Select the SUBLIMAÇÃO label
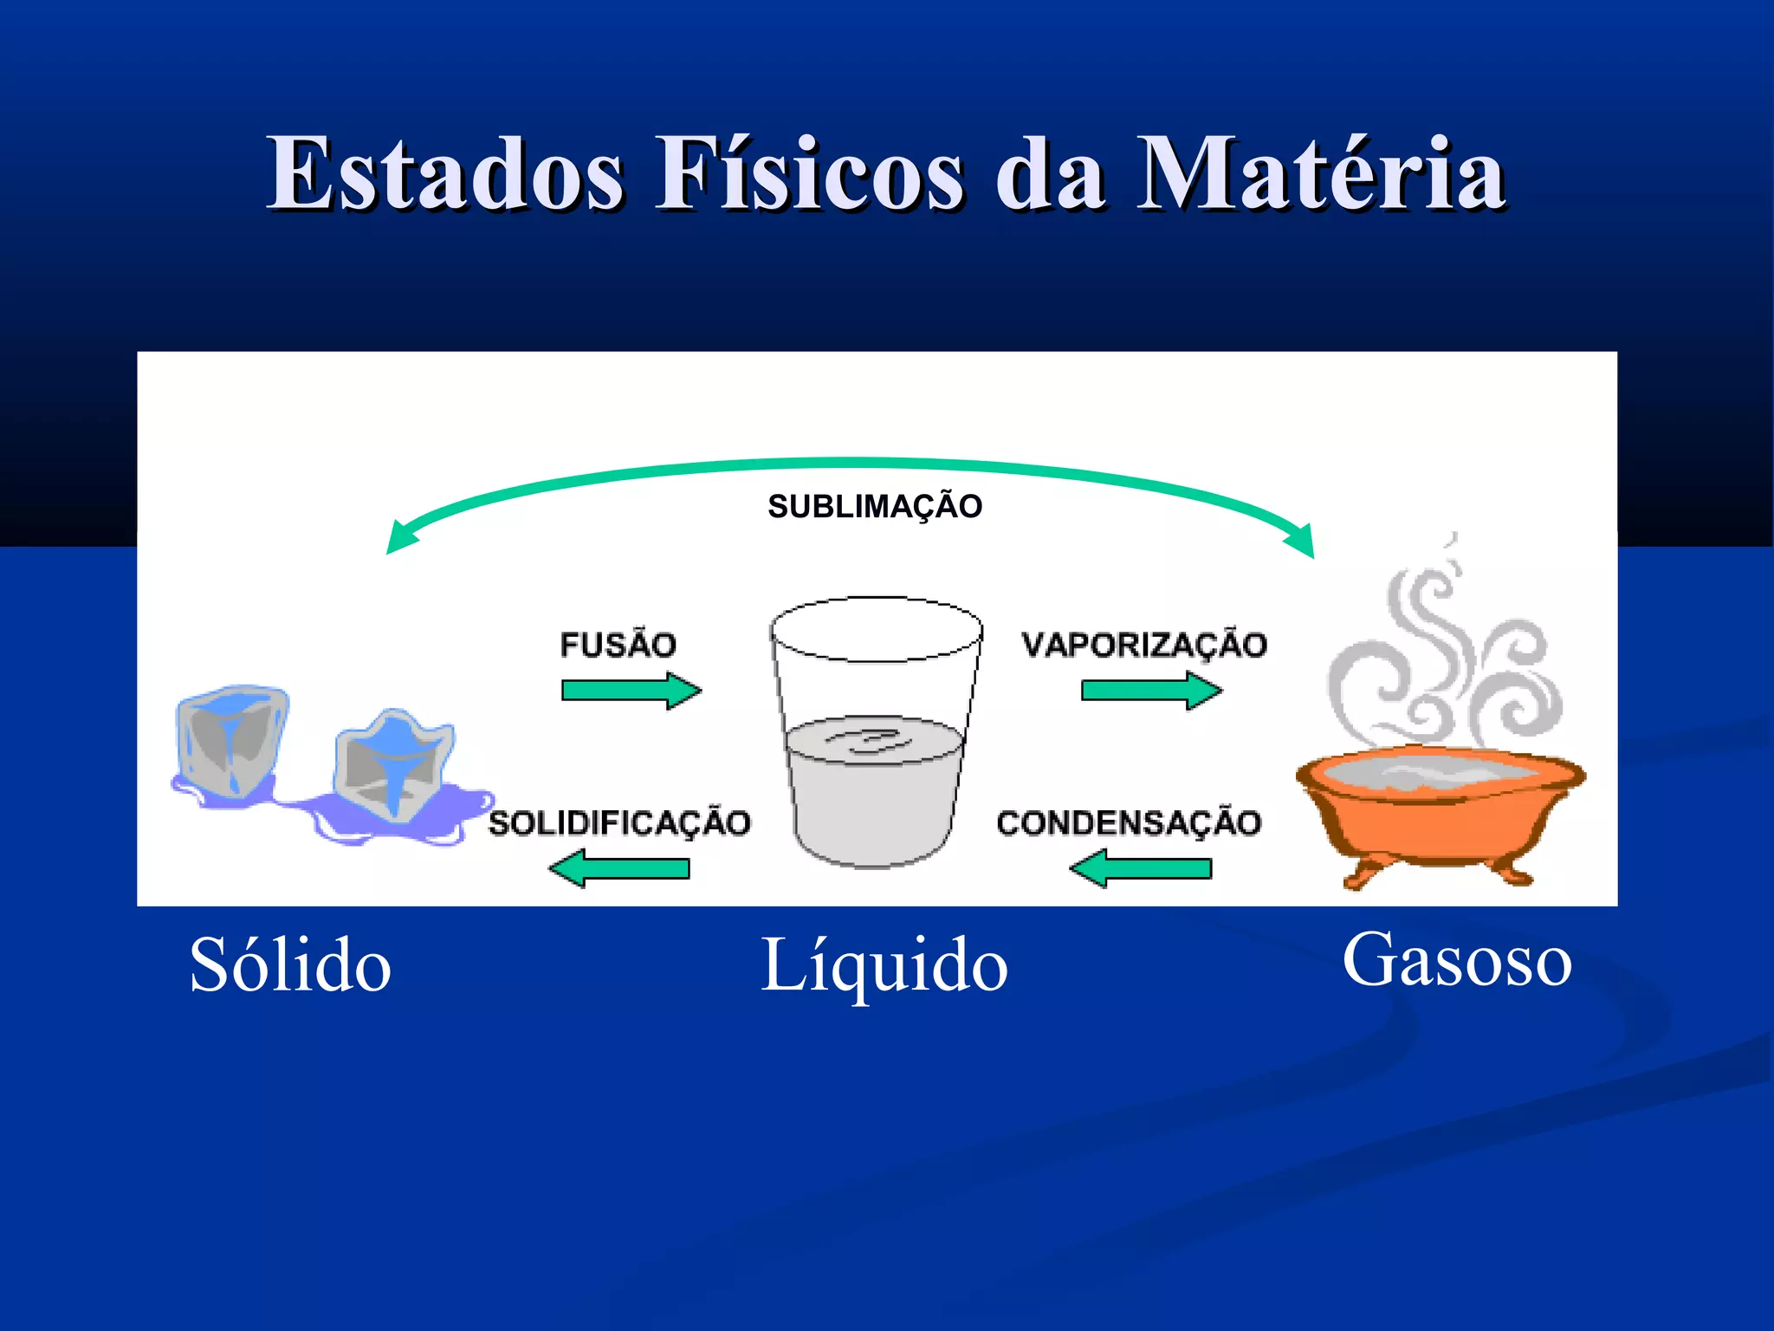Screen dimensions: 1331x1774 tap(875, 507)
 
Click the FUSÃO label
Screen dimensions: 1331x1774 tap(618, 645)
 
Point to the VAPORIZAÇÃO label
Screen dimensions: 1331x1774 tap(1143, 645)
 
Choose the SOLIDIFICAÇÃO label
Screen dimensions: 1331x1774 tap(619, 822)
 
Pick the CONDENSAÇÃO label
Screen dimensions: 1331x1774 tap(1129, 822)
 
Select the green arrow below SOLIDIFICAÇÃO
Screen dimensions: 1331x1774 tap(620, 868)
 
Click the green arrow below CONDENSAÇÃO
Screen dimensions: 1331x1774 tap(1141, 868)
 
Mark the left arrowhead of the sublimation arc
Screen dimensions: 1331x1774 tap(399, 539)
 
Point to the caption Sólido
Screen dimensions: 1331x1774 tap(290, 965)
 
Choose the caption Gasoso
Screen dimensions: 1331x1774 tap(1457, 960)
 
